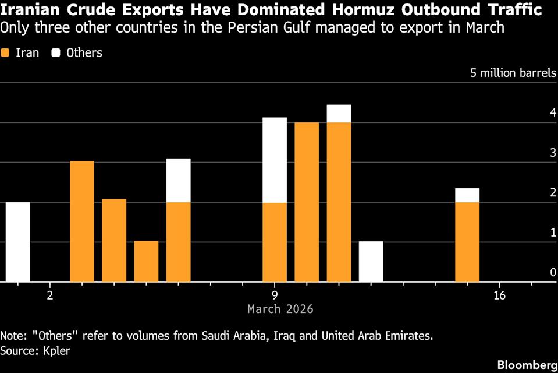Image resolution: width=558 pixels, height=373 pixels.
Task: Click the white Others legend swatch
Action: click(x=56, y=53)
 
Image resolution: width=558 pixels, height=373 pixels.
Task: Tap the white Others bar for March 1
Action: click(x=17, y=242)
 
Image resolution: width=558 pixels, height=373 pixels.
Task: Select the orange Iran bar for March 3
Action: click(x=82, y=221)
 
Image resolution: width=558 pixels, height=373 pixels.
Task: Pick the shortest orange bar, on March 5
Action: click(x=146, y=261)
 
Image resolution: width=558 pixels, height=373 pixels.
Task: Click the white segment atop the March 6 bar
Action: click(x=178, y=180)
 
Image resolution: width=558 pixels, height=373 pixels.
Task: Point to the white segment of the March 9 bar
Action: click(x=275, y=160)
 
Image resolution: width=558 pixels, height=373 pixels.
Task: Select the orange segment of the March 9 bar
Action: click(x=275, y=242)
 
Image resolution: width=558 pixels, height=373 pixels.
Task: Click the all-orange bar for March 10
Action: click(x=307, y=202)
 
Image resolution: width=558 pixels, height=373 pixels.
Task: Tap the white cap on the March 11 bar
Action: click(x=339, y=114)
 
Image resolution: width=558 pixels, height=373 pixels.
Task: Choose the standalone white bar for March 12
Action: click(x=371, y=261)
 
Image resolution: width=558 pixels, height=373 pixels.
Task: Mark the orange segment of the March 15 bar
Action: click(x=467, y=242)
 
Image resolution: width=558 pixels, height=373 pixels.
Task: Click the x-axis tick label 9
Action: click(x=274, y=295)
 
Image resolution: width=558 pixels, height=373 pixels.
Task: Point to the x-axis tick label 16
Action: click(x=499, y=295)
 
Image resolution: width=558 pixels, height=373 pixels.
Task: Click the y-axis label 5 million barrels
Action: click(x=513, y=73)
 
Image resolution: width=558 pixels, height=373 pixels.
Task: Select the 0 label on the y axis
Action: click(x=553, y=272)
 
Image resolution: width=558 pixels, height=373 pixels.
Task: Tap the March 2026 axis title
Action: click(x=280, y=309)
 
